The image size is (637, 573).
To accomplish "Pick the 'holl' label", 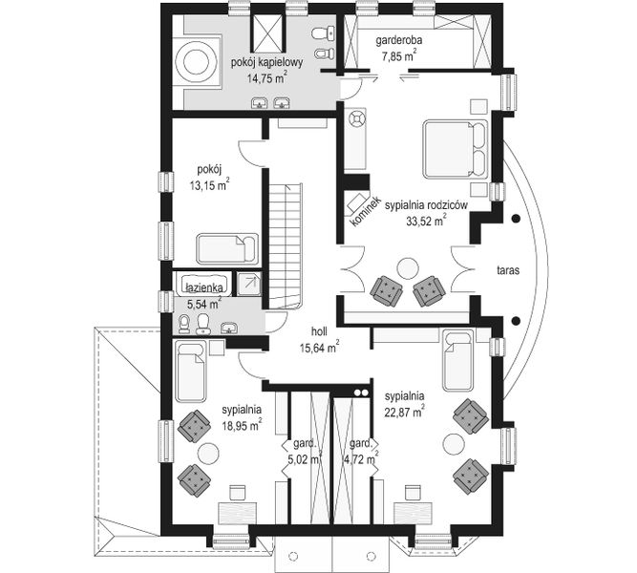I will pos(319,332).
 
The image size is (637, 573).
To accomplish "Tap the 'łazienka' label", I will pos(204,286).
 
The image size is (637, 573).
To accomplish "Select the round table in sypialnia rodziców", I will pos(407,268).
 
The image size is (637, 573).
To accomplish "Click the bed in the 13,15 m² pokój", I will pos(227,248).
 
